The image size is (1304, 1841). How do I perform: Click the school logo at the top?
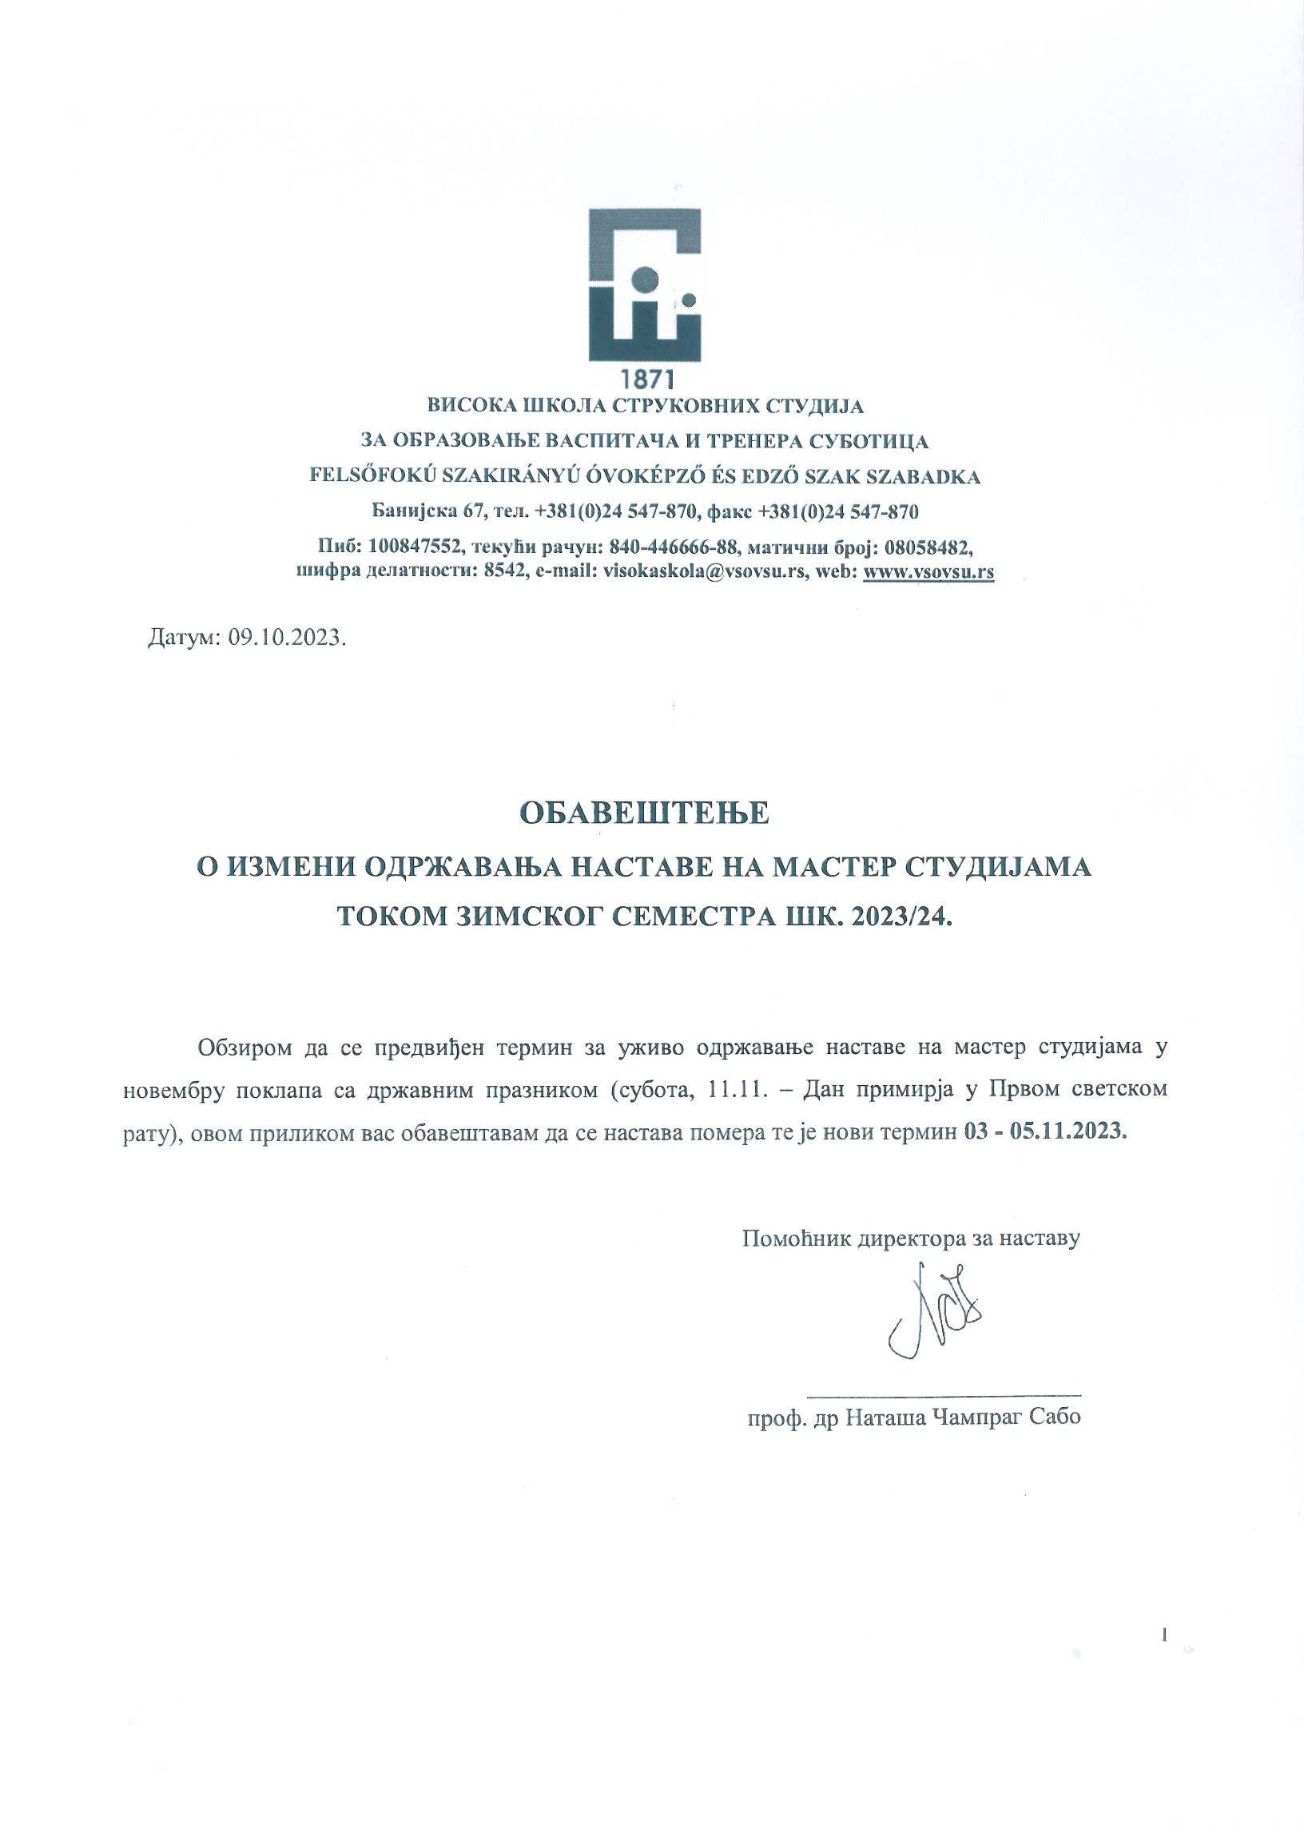[x=644, y=284]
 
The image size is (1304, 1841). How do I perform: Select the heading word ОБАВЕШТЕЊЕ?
[x=645, y=814]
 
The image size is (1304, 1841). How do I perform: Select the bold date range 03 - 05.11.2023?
[x=1044, y=1132]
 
